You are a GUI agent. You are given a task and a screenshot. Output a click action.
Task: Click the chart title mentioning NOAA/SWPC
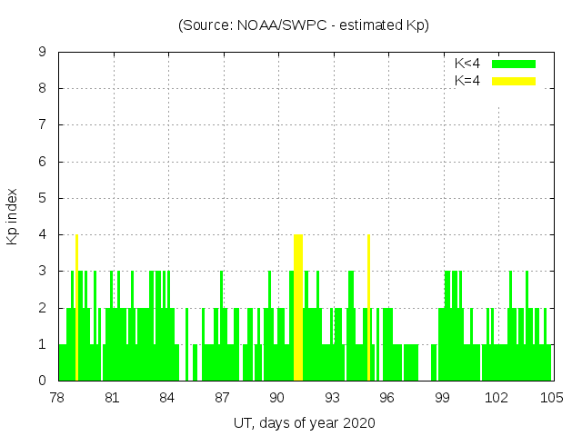[303, 25]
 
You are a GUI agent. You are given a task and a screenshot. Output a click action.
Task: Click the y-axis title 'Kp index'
[13, 216]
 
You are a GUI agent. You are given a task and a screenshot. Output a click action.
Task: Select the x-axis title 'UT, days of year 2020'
[303, 422]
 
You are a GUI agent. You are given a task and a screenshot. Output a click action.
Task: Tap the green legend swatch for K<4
[514, 64]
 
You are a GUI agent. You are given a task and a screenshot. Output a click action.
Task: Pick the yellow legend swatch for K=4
[514, 81]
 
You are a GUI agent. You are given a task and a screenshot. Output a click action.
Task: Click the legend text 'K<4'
[467, 64]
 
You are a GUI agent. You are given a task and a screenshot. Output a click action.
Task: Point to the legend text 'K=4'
[467, 81]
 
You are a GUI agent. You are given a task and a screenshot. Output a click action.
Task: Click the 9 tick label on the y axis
[42, 53]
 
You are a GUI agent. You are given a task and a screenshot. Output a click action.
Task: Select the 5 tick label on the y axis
[42, 198]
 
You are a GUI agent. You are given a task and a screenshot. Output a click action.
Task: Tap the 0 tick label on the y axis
[42, 381]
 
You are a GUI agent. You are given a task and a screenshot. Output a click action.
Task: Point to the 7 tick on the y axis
[42, 125]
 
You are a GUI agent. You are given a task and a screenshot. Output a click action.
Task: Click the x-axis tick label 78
[57, 398]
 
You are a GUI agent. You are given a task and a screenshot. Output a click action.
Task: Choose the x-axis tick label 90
[277, 398]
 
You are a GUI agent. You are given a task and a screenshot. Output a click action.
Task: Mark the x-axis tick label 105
[551, 398]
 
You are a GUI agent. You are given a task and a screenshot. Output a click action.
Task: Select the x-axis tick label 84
[167, 398]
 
